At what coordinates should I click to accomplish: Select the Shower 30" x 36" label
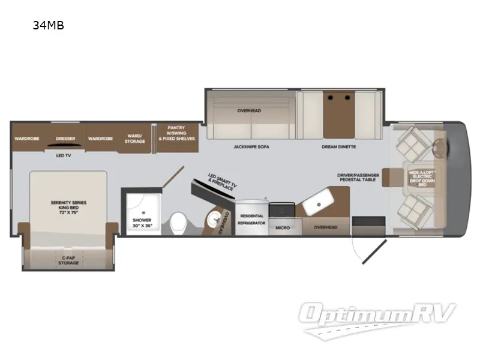142,223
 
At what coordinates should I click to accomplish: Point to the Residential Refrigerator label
252,219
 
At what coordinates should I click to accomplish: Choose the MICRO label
283,228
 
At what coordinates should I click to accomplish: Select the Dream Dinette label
338,146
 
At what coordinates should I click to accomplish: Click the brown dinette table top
340,114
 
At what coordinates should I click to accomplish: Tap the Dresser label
65,139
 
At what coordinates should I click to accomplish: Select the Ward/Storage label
135,139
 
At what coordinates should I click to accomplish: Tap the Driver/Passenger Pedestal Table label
358,178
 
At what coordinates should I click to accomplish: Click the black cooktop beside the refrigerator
281,209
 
